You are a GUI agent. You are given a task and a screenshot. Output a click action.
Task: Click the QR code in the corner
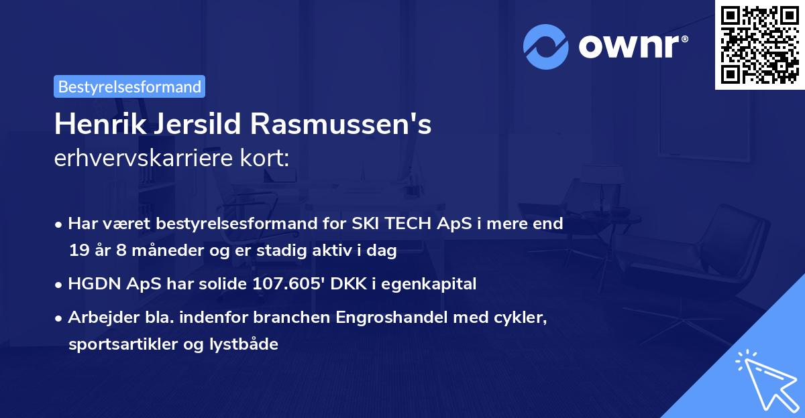(x=759, y=44)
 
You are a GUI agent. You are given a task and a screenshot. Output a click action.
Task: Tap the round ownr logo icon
(x=546, y=47)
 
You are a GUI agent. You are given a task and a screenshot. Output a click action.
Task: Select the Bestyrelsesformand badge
(x=129, y=86)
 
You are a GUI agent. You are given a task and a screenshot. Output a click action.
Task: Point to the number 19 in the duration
(x=78, y=251)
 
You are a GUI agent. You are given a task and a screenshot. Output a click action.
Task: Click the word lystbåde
(x=244, y=344)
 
